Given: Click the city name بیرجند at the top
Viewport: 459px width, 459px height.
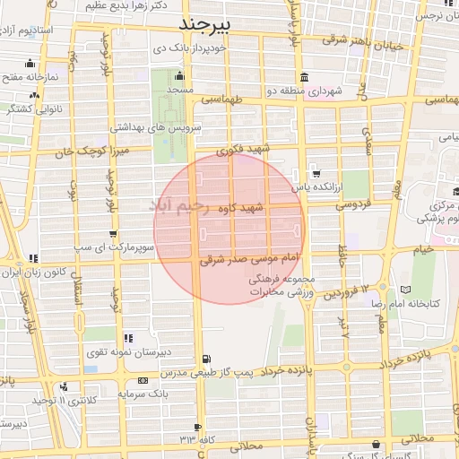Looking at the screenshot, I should click(x=205, y=22).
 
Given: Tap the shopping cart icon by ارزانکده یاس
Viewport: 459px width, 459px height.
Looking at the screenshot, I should click(x=316, y=173).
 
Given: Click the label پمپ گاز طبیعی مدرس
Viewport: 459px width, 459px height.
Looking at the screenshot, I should click(x=254, y=370).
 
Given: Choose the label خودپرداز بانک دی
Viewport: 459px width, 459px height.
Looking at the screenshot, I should click(x=189, y=49).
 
